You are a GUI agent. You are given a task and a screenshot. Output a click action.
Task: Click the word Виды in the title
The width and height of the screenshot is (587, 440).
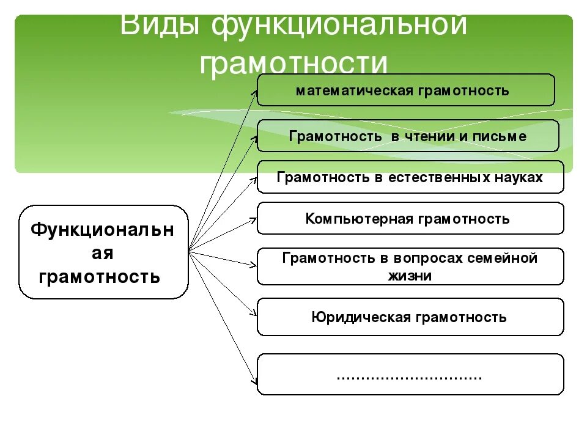160,26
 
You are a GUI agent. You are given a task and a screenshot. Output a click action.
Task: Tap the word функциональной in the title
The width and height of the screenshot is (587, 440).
339,26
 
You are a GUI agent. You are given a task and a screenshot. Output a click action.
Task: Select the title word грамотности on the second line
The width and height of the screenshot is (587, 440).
293,63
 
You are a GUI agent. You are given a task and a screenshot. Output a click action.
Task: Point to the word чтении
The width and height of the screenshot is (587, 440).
427,136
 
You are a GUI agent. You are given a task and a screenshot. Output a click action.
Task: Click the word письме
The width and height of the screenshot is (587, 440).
499,136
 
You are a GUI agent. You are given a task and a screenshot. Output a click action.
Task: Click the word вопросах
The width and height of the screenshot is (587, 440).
426,258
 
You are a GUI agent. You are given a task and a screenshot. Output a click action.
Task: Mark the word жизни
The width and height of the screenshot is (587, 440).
410,276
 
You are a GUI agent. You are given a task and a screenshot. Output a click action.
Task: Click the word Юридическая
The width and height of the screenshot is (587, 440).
361,317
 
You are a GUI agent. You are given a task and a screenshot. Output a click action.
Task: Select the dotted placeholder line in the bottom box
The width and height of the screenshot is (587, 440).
410,375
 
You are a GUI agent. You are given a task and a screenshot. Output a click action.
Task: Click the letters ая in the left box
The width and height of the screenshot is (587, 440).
103,253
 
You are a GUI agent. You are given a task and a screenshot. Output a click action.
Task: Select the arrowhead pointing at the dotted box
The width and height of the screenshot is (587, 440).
253,381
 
